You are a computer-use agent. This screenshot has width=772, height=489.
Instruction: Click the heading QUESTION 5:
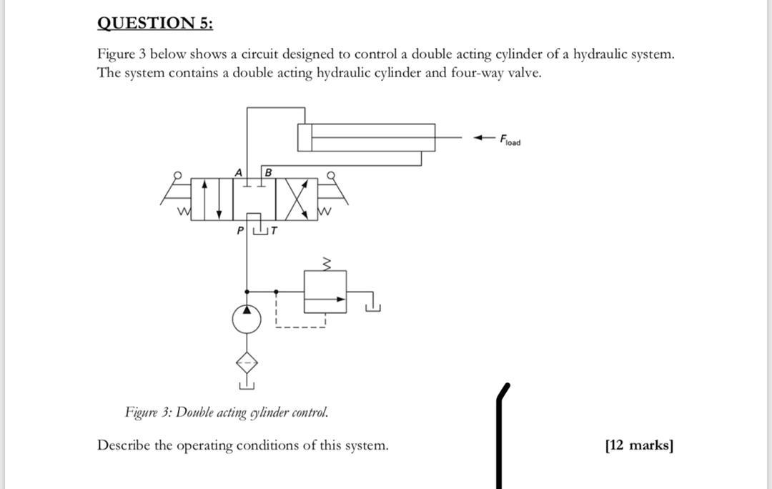155,23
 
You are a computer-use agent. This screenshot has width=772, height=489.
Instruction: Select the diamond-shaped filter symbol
247,364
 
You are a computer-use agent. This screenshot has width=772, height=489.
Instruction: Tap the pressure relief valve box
325,292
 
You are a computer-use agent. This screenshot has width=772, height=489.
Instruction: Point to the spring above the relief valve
325,265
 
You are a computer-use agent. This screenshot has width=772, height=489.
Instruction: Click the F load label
510,139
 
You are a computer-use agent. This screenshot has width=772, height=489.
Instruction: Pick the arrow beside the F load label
485,137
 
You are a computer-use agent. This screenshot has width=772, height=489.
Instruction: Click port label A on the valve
239,172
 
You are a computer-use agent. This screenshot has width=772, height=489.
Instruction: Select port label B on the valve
268,172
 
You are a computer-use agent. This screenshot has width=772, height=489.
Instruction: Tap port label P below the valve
240,230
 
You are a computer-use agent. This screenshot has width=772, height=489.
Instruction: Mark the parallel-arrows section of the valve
212,198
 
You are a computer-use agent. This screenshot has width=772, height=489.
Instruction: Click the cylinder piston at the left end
305,137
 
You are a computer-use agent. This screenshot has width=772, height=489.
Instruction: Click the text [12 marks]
639,445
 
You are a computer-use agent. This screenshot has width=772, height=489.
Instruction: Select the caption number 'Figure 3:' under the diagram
148,413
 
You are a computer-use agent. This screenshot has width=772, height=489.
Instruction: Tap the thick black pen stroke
499,436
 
